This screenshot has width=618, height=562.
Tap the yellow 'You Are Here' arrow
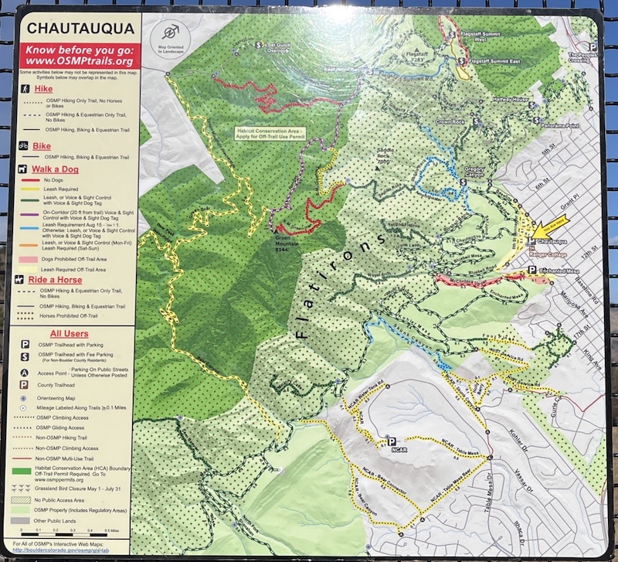click(x=550, y=227)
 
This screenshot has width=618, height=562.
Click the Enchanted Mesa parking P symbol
click(x=531, y=270)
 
